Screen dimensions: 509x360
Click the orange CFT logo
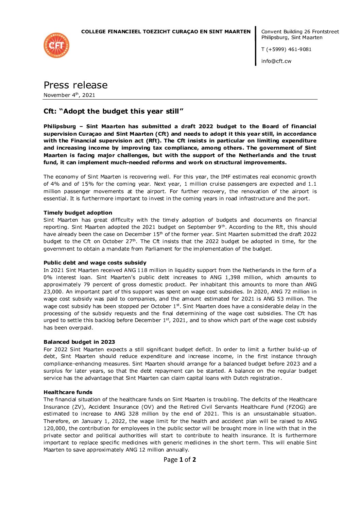coord(56,45)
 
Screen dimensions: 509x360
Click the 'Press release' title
coord(75,85)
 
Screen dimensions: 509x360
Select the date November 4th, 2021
coord(69,95)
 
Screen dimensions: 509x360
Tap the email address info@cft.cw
coord(276,61)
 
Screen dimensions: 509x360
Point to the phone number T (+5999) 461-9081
coord(286,49)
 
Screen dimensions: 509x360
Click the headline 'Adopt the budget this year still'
coord(114,112)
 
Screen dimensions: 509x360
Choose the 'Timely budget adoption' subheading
coord(78,213)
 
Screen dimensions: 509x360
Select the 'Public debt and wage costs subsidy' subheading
coord(95,263)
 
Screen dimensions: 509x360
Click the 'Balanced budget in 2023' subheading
coord(79,342)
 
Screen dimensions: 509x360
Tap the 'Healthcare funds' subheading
coord(68,392)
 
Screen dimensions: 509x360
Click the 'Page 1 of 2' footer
coord(180,460)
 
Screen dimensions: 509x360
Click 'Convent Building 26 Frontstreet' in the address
coord(300,32)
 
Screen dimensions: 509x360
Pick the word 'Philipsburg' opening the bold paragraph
coord(60,126)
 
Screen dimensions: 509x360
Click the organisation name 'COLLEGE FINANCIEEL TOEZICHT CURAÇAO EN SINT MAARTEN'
coord(166,32)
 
